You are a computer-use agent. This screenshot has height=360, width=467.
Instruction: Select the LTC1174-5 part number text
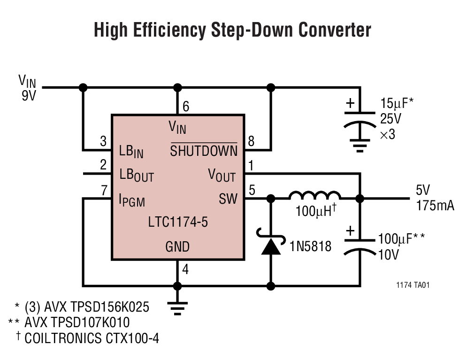177,222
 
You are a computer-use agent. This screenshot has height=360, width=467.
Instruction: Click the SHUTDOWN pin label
203,151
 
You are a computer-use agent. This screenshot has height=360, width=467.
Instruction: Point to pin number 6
186,107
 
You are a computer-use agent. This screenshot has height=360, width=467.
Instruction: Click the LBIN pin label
131,152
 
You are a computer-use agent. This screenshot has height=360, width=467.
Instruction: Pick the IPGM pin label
132,200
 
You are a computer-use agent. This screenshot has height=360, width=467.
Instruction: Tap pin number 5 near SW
252,191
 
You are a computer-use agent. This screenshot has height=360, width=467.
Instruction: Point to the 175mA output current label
434,206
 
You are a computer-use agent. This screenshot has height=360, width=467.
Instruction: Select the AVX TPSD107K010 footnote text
77,322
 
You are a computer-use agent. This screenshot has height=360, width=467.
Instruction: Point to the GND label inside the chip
177,246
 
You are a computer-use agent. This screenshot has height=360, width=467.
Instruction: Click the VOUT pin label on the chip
222,176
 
